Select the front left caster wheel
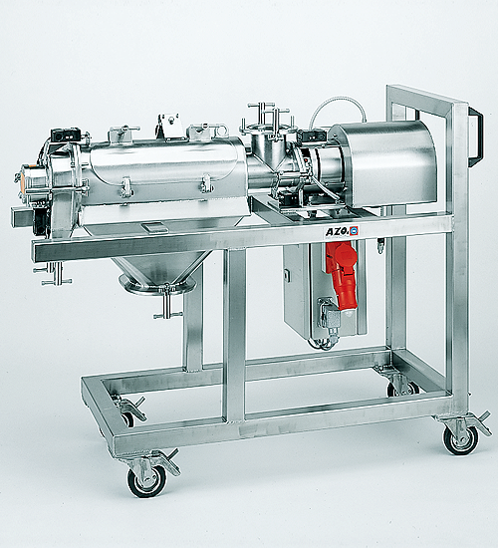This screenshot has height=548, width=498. [146, 481]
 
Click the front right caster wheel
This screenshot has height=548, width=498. [460, 440]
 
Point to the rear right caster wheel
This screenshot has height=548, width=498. [403, 389]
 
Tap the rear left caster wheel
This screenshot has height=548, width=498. [127, 418]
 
